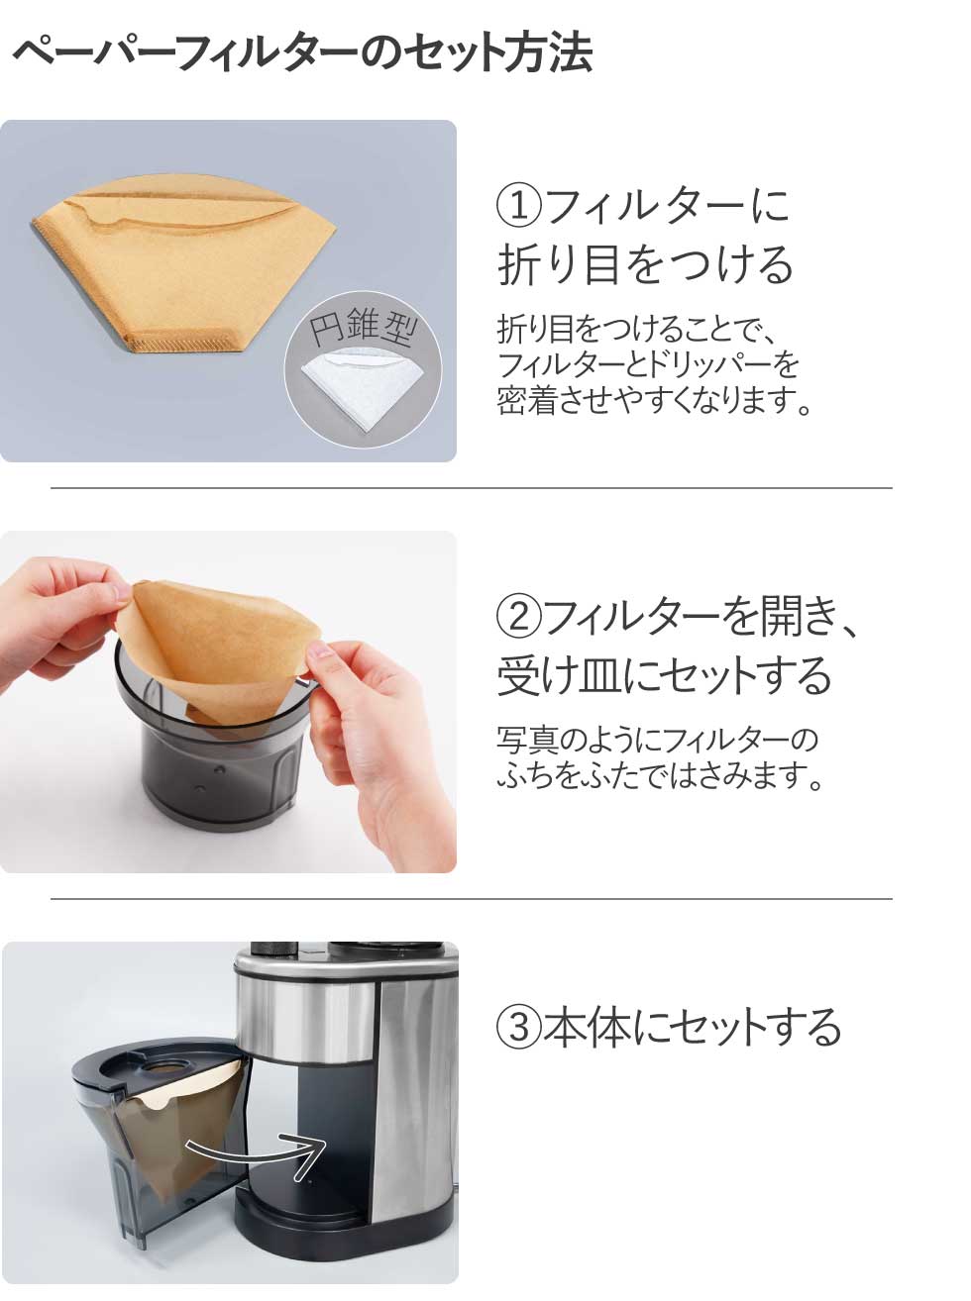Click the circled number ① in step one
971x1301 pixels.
click(x=519, y=207)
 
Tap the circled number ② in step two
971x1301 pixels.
click(x=519, y=617)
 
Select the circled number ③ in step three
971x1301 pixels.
click(x=519, y=1027)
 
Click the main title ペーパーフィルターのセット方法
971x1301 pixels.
click(x=302, y=53)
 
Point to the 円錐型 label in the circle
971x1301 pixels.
click(x=363, y=327)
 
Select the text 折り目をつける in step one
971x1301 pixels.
click(x=645, y=264)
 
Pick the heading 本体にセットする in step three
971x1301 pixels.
click(x=692, y=1027)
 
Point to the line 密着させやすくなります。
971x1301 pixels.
click(x=654, y=400)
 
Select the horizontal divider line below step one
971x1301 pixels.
click(x=472, y=488)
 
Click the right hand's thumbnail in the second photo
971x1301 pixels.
click(x=322, y=651)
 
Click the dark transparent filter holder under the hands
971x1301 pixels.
click(x=214, y=752)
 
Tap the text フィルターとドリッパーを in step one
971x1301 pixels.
click(x=648, y=365)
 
